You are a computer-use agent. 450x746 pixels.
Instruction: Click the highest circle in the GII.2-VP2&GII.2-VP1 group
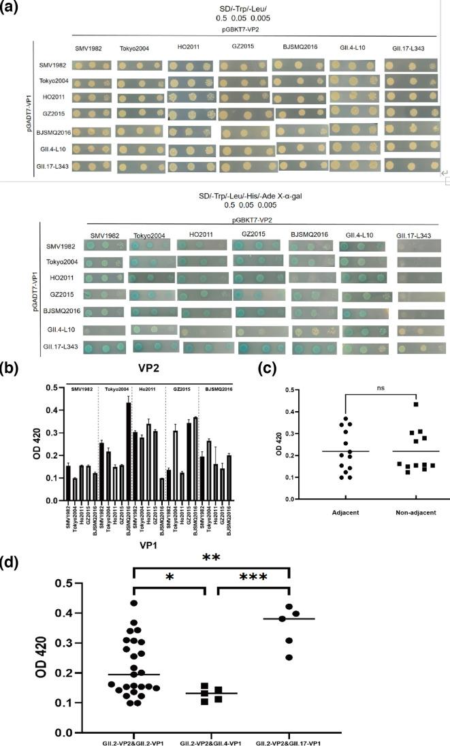pos(133,603)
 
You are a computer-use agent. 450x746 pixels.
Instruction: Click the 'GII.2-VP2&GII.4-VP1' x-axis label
pos(212,740)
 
